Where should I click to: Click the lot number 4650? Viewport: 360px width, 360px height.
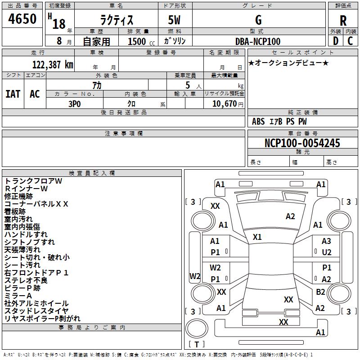click(22, 18)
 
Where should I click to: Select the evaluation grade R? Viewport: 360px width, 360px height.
click(343, 21)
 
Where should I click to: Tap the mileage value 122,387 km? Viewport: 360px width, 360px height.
click(53, 65)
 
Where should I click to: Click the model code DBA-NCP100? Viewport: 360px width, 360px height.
click(258, 41)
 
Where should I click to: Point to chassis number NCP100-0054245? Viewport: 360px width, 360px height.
click(302, 143)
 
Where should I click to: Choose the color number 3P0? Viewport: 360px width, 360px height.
click(75, 104)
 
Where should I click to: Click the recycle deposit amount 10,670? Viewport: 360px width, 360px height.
click(225, 104)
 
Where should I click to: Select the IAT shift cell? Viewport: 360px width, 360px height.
click(13, 94)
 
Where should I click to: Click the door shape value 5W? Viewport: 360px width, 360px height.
click(174, 20)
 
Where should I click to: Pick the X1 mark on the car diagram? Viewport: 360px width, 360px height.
click(257, 237)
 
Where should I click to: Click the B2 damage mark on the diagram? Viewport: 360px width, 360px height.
click(320, 292)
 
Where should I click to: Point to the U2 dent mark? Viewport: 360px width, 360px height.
click(327, 252)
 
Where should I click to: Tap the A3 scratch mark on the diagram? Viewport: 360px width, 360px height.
click(326, 241)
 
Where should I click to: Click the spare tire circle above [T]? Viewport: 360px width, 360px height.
click(197, 328)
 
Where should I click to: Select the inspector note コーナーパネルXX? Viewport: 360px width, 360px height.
click(36, 204)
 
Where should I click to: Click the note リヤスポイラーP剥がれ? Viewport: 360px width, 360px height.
click(42, 319)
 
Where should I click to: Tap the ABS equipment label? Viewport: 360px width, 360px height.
click(258, 121)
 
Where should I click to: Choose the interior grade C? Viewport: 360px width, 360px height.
click(350, 41)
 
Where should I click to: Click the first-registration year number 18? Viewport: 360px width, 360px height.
click(59, 24)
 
